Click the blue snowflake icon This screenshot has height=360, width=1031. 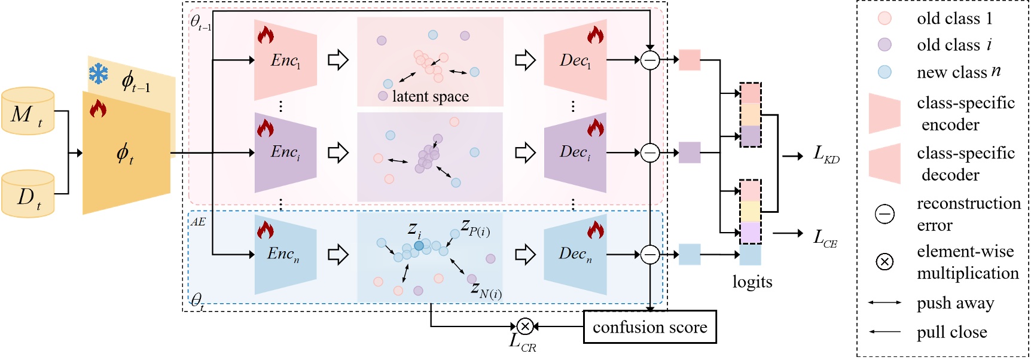point(99,74)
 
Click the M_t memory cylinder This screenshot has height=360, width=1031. point(28,112)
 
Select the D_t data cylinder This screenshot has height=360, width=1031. point(28,194)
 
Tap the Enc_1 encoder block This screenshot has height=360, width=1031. point(285,60)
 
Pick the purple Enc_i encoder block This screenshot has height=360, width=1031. point(285,152)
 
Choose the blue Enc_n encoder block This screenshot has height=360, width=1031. point(285,254)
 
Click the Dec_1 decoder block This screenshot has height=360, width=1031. point(575,60)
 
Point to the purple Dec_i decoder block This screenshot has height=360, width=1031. point(575,152)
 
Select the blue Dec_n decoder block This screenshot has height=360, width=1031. point(575,254)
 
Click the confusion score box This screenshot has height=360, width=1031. point(649,327)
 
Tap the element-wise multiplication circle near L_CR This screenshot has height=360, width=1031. point(525,326)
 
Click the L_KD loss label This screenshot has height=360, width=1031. point(826,154)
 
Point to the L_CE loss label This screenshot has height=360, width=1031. point(825,238)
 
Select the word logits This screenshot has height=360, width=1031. point(752,282)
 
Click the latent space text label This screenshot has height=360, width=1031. point(430,96)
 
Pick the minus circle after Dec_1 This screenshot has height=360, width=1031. point(650,60)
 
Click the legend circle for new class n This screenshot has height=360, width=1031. point(884,72)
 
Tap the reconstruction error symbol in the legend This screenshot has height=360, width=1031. point(884,213)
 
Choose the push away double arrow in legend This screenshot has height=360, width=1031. point(884,303)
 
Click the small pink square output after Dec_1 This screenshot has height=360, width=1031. point(690,60)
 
